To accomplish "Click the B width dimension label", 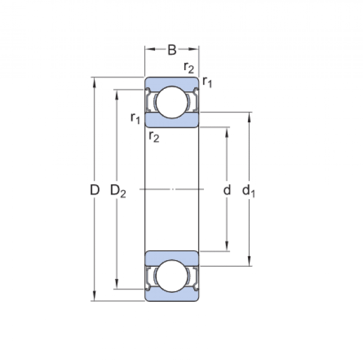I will tap(172, 50).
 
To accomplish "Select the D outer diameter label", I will tap(94, 190).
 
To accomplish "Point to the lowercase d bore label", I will tap(227, 190).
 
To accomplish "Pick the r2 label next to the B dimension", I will tap(189, 67).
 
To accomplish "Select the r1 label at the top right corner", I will tap(208, 81).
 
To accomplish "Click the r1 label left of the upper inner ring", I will tap(135, 117).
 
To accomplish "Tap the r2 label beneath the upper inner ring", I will tap(154, 136).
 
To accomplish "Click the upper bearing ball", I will tap(171, 101).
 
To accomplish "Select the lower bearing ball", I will tap(171, 277).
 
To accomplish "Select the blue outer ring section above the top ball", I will tap(171, 82).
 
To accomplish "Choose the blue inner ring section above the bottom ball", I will tap(171, 255).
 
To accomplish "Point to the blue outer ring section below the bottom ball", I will tap(171, 296).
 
